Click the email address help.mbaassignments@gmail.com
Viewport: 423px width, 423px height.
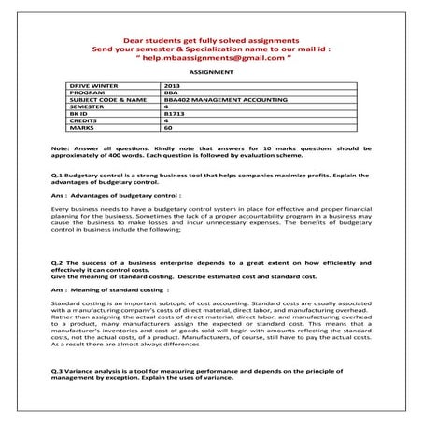tap(212, 56)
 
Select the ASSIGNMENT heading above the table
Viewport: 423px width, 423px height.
tap(210, 71)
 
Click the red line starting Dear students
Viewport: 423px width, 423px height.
tap(211, 41)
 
